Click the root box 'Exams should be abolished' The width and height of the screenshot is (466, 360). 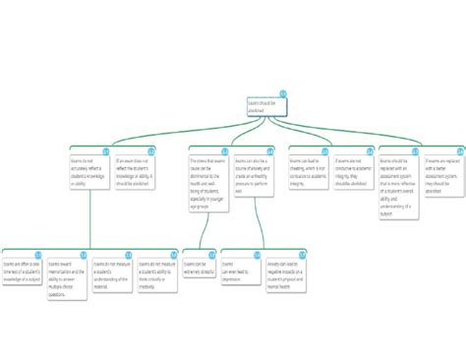266,107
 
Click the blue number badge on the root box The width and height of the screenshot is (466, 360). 283,93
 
